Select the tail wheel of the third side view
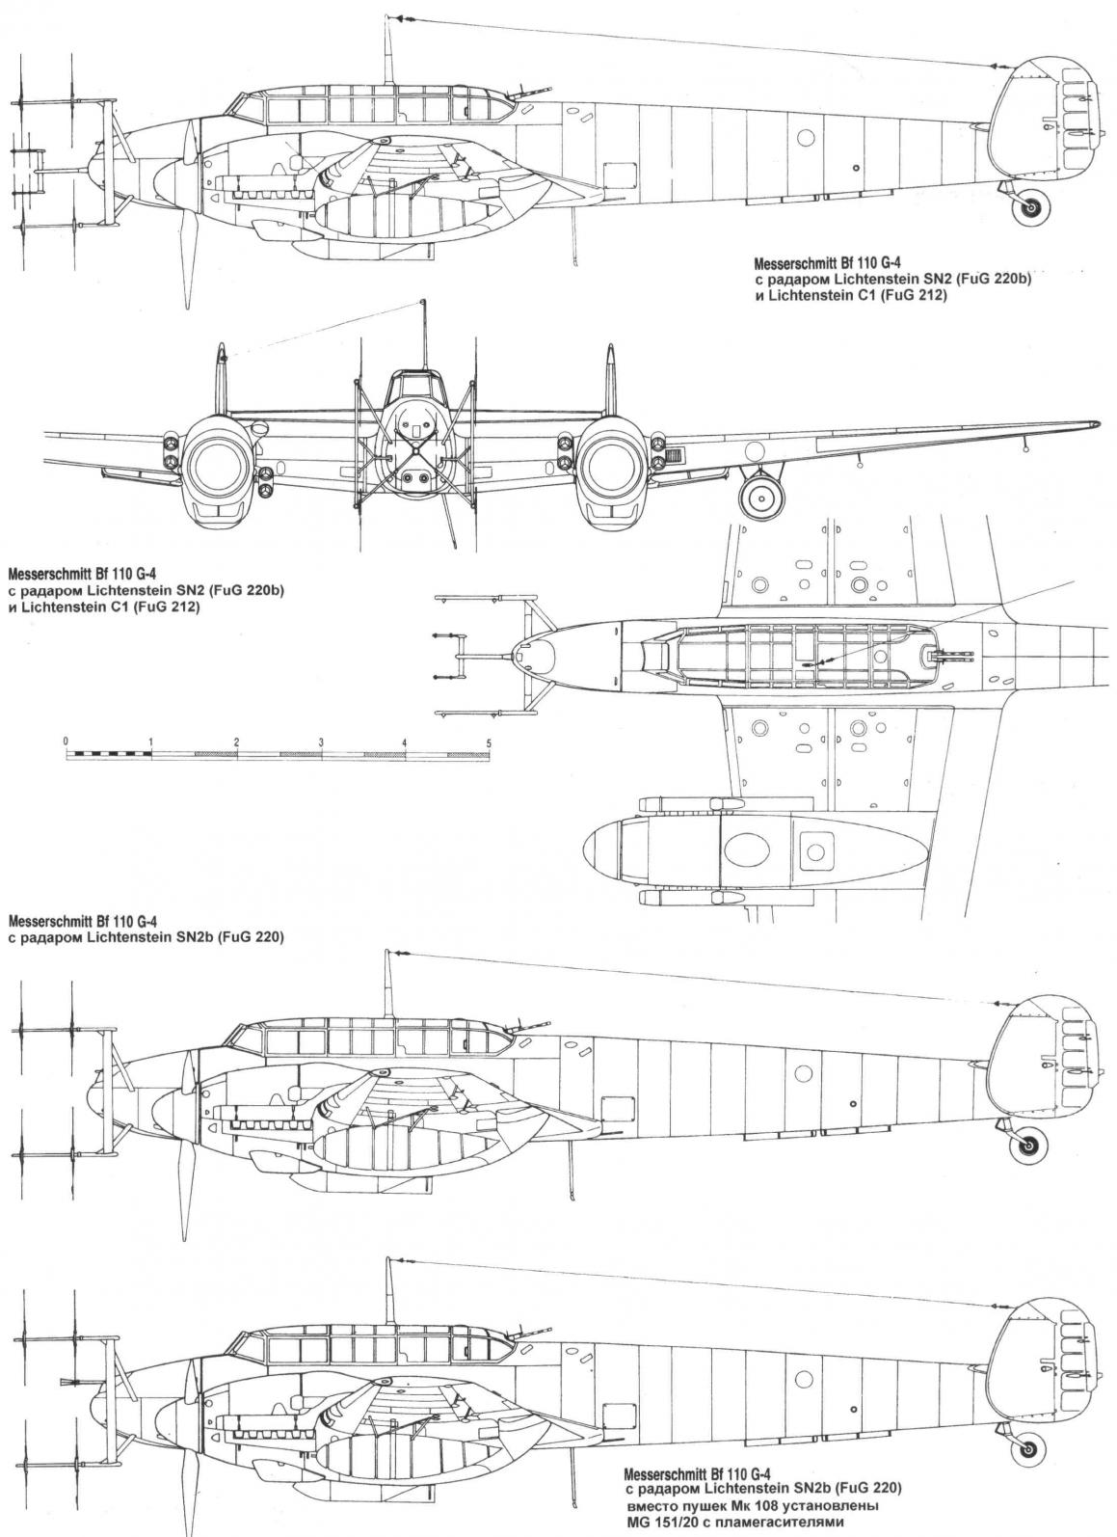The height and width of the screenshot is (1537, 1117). [1027, 1146]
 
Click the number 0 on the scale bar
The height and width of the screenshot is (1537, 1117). [66, 741]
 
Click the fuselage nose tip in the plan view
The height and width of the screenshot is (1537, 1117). [515, 656]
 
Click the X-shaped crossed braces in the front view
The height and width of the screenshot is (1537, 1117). [416, 451]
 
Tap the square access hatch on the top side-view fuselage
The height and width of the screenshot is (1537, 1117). [614, 177]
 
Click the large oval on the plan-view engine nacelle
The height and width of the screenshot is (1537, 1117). [747, 849]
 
